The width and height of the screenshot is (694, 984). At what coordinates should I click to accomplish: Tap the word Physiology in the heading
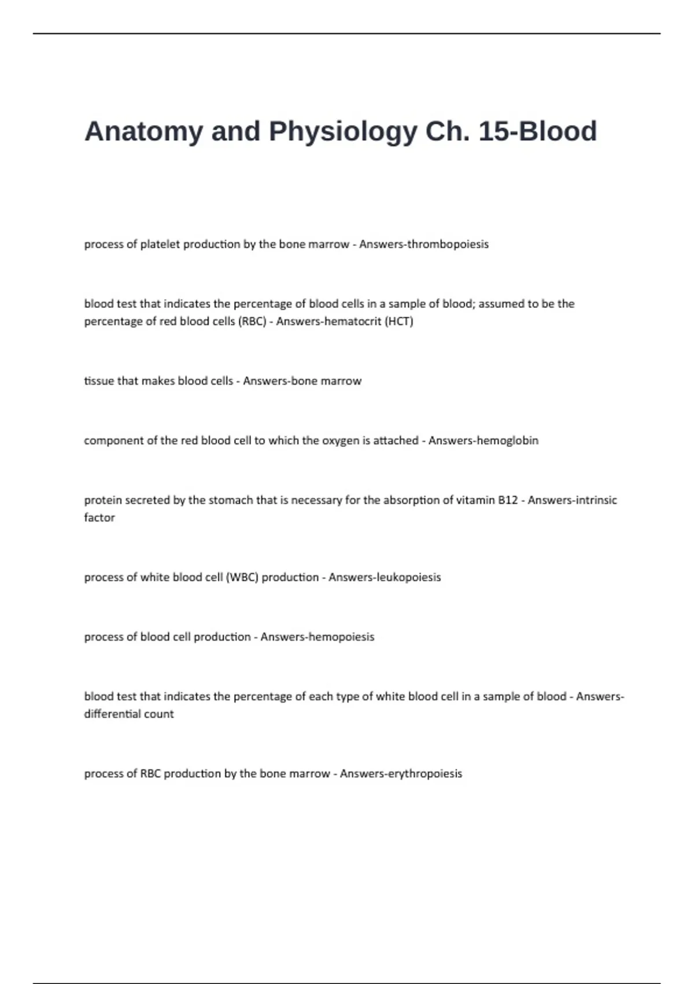(x=342, y=132)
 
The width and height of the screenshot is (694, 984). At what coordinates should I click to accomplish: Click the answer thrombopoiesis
(x=448, y=244)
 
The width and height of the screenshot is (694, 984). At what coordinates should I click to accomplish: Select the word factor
(x=99, y=517)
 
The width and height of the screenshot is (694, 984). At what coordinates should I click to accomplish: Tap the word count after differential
(x=159, y=714)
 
